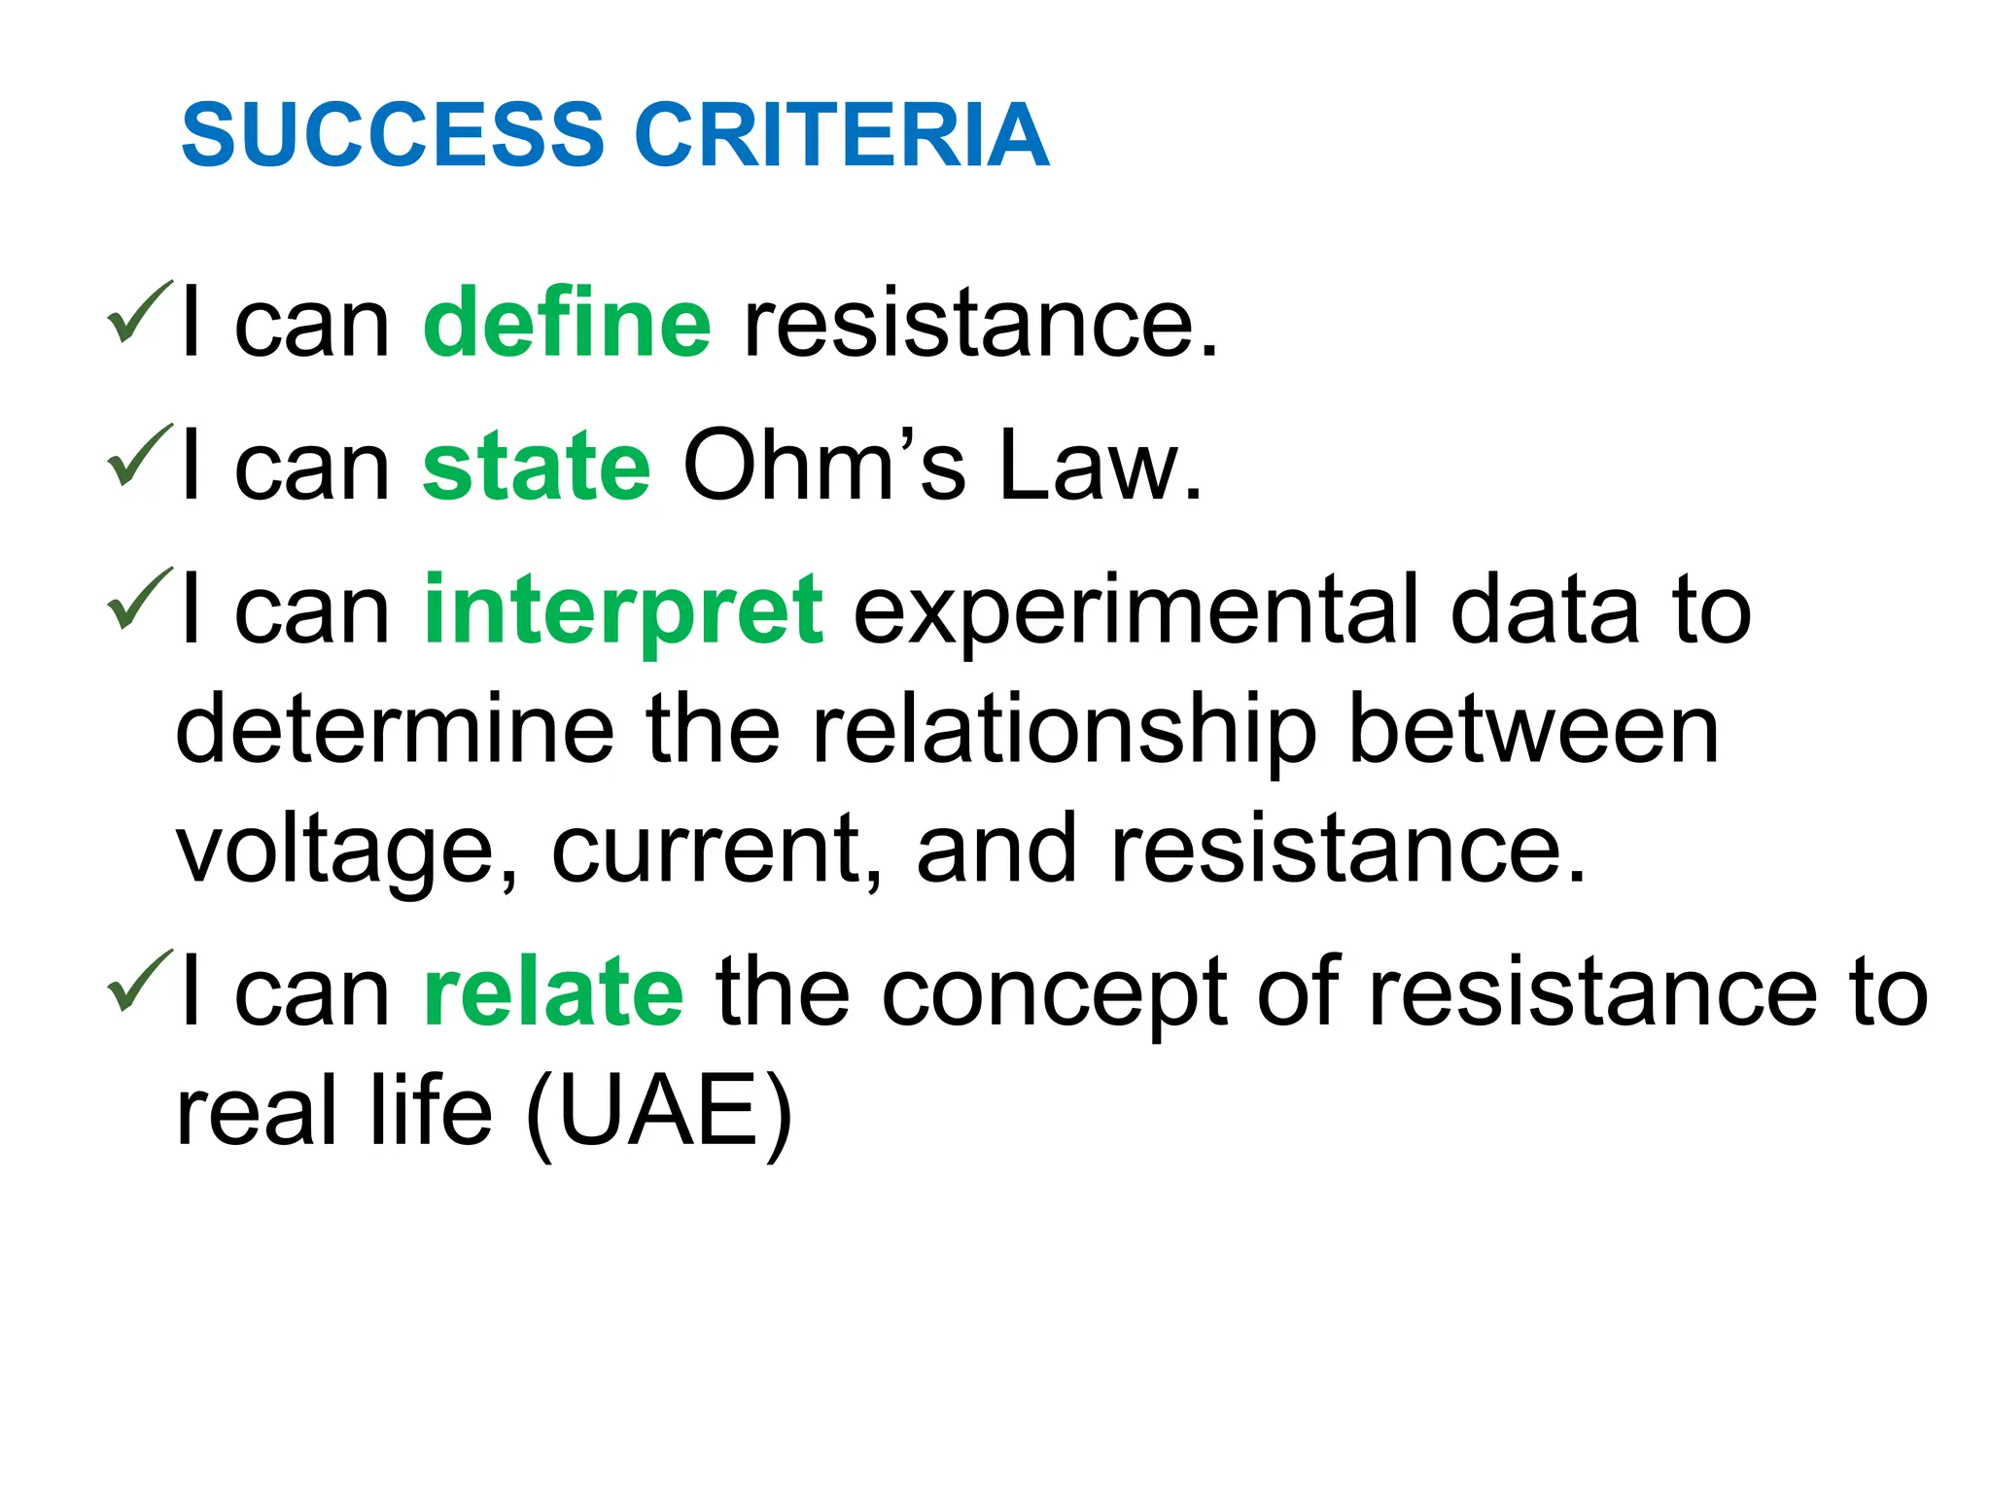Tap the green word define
tap(567, 323)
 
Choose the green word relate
tap(554, 992)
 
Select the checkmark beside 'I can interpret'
tap(139, 600)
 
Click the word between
tap(1535, 731)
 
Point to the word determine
tap(395, 731)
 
